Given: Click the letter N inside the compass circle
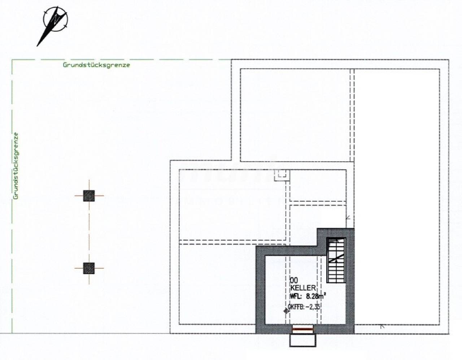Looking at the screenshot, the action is click(56, 19).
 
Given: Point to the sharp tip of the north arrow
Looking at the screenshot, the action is click(37, 46).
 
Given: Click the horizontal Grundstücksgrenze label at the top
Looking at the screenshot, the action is click(96, 65).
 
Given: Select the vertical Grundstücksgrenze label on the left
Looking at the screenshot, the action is click(16, 166).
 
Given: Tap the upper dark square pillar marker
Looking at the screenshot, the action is click(89, 196).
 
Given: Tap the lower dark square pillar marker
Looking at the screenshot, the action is click(89, 268).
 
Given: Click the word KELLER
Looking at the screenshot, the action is click(303, 288).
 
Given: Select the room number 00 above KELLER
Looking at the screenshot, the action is click(294, 281).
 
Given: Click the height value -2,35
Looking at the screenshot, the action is click(313, 307).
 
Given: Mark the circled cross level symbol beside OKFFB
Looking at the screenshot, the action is click(286, 311).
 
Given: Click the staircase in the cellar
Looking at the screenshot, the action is click(336, 260).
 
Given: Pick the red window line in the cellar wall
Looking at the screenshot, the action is click(303, 329).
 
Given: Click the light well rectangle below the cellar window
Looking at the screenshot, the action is click(303, 340).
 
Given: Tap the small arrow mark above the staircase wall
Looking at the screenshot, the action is click(348, 218).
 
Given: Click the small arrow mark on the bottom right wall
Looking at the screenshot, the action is click(382, 326).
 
